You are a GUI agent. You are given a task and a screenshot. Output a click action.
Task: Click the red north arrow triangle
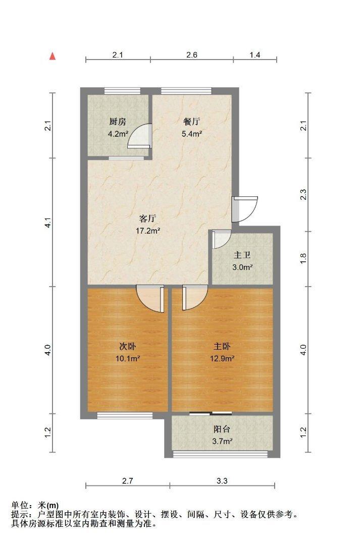[x=52, y=56]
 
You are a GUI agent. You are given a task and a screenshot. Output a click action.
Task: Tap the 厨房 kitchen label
[x=118, y=122]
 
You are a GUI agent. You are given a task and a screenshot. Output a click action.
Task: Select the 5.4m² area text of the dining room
[x=192, y=134]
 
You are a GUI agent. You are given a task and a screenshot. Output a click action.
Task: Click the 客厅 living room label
[x=147, y=219]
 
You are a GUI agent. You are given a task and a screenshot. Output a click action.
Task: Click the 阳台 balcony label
[x=222, y=429]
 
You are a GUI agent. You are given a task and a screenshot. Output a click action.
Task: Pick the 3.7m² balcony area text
[x=222, y=442]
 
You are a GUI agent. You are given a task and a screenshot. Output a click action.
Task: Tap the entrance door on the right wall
[x=244, y=208]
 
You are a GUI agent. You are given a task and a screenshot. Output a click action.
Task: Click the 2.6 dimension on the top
[x=192, y=56]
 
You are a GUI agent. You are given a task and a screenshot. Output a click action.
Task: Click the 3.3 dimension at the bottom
[x=222, y=481]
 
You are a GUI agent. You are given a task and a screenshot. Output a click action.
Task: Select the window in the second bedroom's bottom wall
[x=125, y=416]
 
